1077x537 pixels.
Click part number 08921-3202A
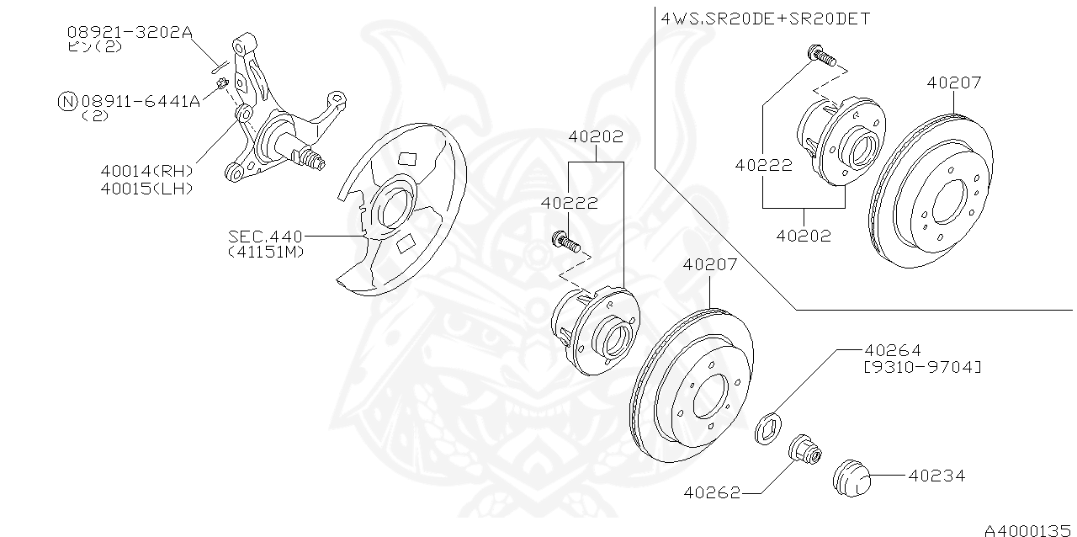pos(130,33)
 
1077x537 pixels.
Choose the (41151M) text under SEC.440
pos(265,252)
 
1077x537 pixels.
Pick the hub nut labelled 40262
pos(806,452)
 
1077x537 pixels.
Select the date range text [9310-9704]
pos(922,367)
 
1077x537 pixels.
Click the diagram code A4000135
pos(1029,529)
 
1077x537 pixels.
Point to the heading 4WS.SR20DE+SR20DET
pos(767,17)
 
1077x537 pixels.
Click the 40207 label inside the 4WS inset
pos(954,82)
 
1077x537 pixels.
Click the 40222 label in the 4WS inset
pos(763,165)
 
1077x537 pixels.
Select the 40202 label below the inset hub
pos(803,236)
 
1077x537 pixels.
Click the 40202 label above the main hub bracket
pos(596,136)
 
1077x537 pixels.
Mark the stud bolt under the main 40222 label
pos(565,243)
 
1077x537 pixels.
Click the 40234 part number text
pos(936,476)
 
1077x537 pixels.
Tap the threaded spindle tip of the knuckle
pos(317,161)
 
